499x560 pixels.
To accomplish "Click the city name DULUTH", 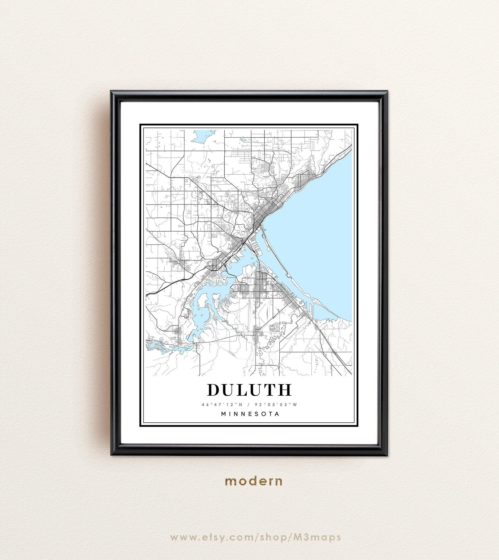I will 249,390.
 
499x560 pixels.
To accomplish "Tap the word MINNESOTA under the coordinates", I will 250,414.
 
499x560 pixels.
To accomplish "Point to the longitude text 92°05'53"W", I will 278,404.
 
